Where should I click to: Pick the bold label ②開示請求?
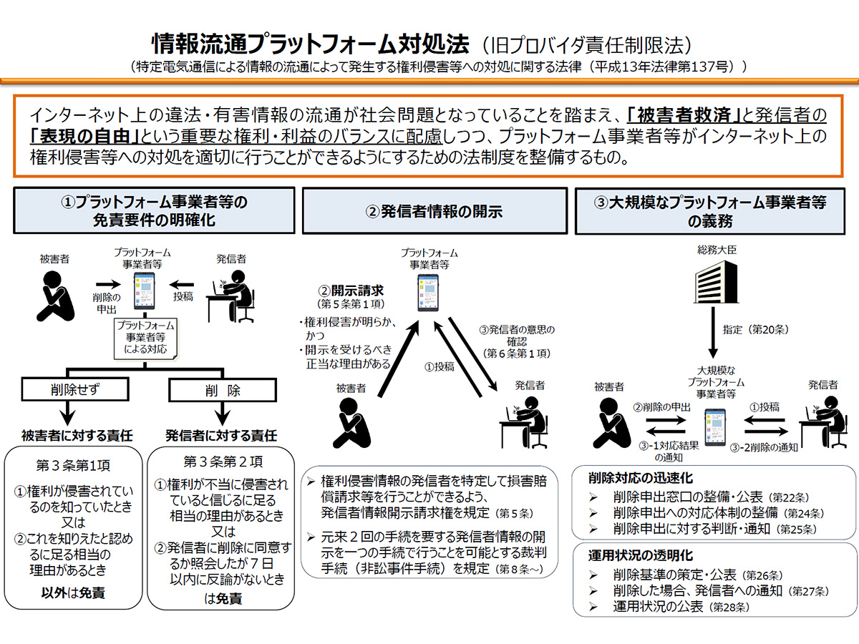[x=351, y=291]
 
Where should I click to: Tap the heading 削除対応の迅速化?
[x=631, y=478]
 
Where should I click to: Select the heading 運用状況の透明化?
[x=631, y=555]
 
